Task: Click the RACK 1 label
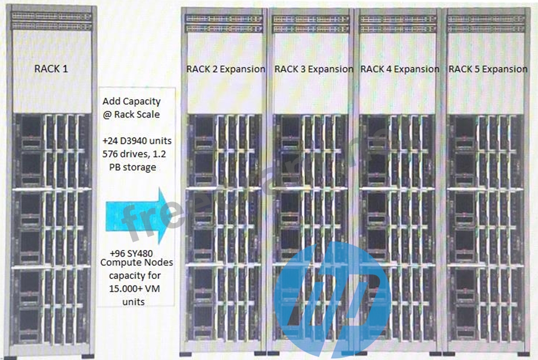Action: (51, 69)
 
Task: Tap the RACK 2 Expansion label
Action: (226, 69)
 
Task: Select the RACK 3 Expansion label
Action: (314, 69)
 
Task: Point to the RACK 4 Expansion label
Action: (400, 69)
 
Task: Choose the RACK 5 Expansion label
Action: (488, 69)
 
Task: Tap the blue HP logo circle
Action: (332, 299)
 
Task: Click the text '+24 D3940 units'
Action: (137, 141)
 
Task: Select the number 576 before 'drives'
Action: (110, 154)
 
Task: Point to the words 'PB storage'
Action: (132, 167)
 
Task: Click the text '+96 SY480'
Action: (131, 253)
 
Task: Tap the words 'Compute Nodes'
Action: (137, 263)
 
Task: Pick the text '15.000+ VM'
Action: (134, 288)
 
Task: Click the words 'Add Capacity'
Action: (132, 101)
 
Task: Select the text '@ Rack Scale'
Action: (131, 114)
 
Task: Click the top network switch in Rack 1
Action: (52, 16)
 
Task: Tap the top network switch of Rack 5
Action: (486, 19)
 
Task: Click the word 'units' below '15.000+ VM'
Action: (133, 302)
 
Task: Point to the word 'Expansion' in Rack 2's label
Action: (243, 69)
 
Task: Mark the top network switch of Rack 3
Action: (310, 19)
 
